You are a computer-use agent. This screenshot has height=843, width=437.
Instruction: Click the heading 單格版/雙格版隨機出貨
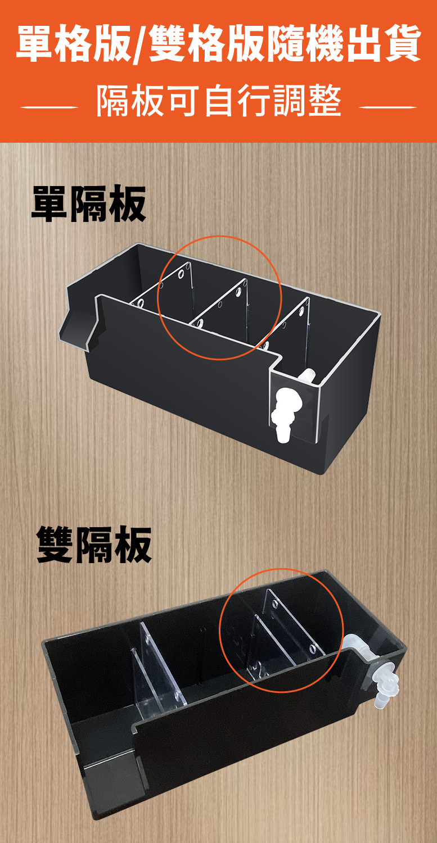(218, 44)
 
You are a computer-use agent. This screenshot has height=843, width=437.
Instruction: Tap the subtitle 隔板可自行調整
(218, 102)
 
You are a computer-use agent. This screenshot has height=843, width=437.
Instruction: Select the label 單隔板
(89, 203)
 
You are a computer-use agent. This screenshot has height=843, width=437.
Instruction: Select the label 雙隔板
(94, 544)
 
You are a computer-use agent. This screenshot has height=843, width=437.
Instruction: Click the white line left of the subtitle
(49, 106)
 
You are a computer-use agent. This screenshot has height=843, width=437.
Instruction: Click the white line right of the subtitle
(388, 106)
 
